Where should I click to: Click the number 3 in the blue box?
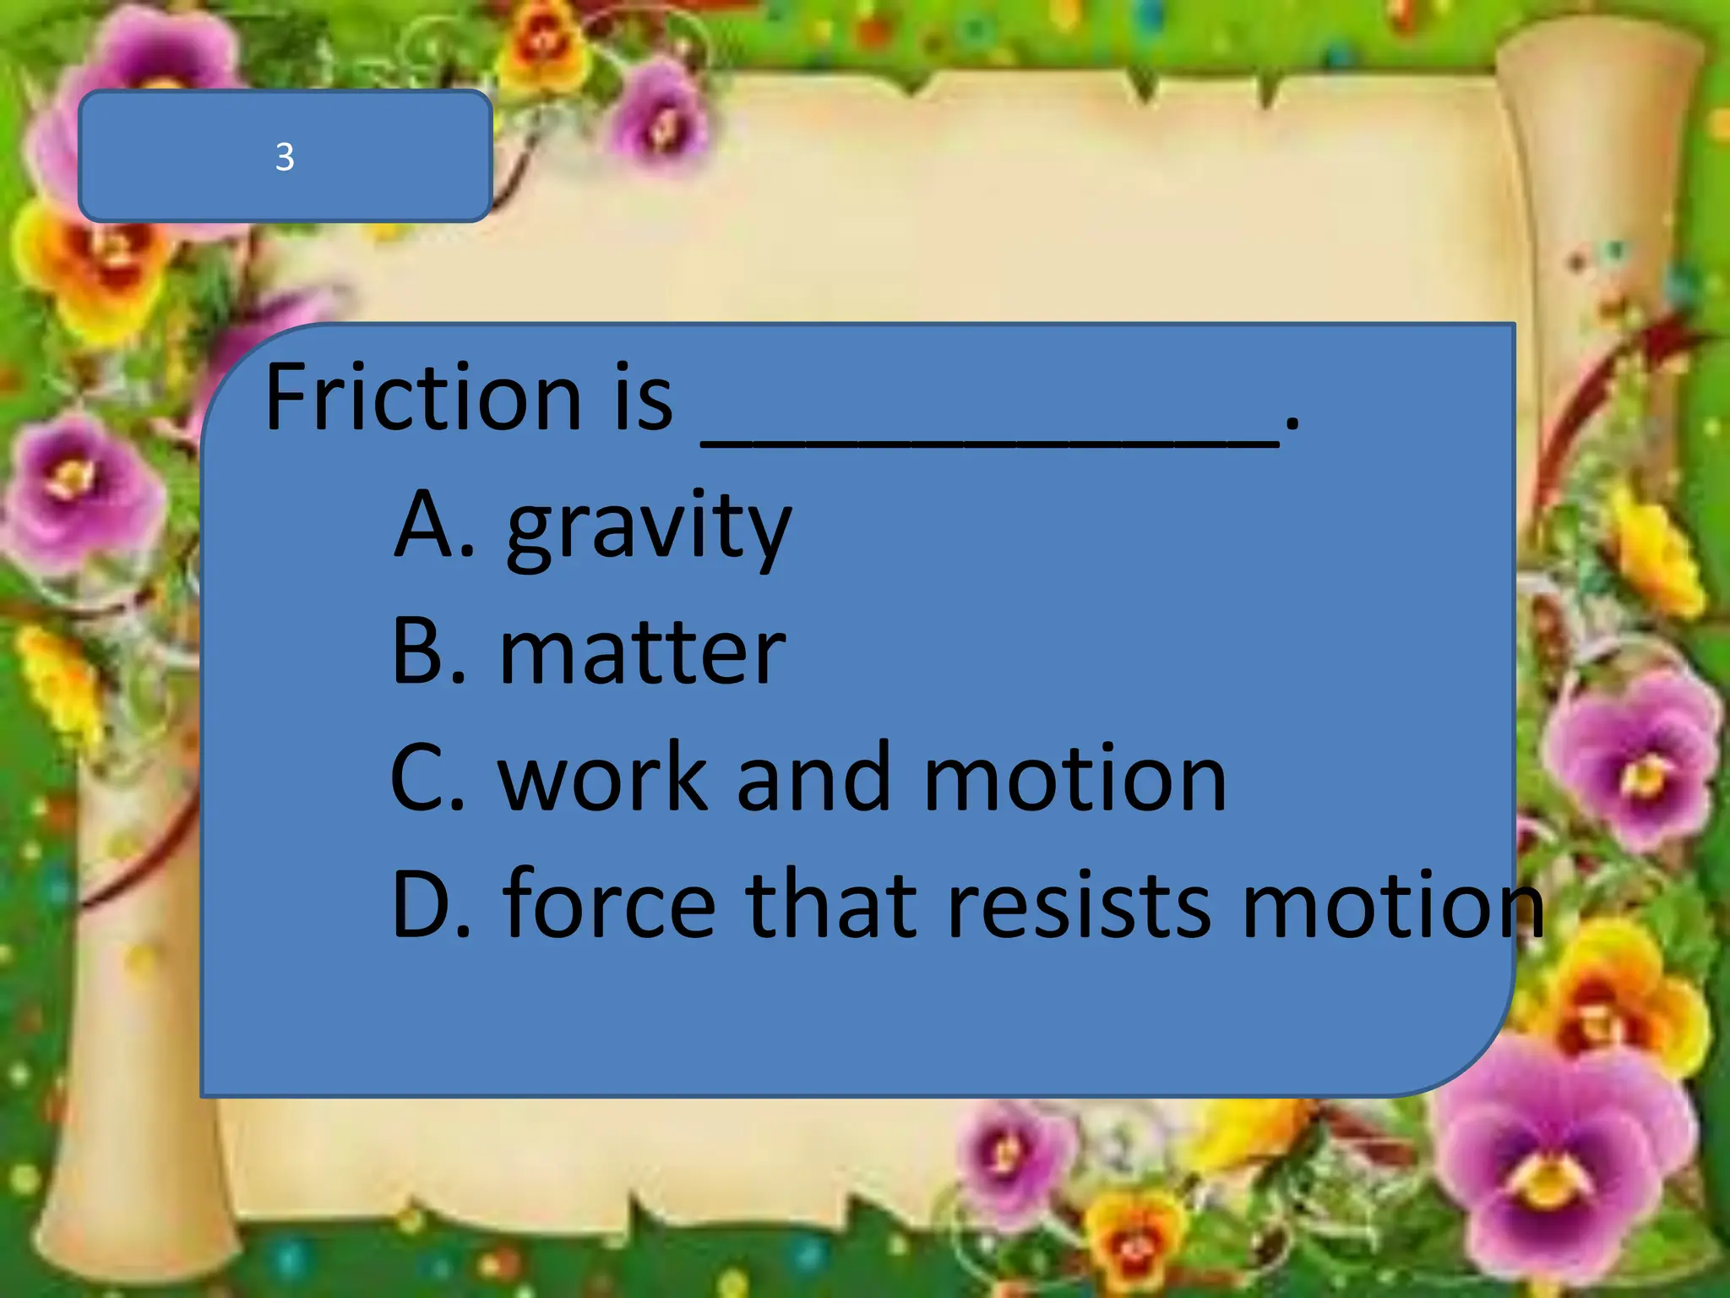285,157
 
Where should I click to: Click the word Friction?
422,397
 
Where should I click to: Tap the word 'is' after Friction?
643,397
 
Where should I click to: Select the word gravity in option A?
649,528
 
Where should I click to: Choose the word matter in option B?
642,652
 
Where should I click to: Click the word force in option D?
608,904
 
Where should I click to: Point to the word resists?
1078,904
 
